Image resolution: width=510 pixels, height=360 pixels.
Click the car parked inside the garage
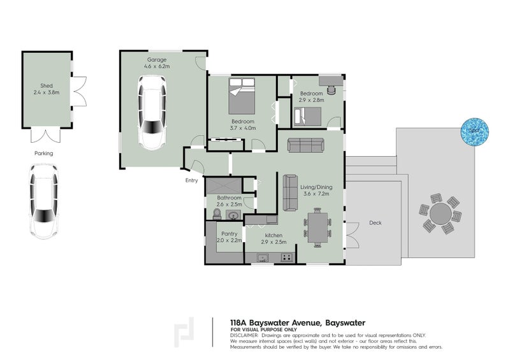153,112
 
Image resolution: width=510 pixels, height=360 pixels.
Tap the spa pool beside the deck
473,130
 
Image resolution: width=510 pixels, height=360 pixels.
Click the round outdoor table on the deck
438,213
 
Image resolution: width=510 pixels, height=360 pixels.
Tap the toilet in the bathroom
217,213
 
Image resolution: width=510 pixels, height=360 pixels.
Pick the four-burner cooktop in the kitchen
286,257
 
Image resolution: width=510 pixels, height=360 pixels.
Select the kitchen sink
262,257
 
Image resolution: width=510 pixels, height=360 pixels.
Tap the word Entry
191,180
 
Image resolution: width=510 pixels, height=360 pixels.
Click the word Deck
375,223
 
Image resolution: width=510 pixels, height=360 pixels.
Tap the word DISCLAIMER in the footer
243,335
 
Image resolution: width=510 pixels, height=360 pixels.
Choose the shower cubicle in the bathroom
224,187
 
